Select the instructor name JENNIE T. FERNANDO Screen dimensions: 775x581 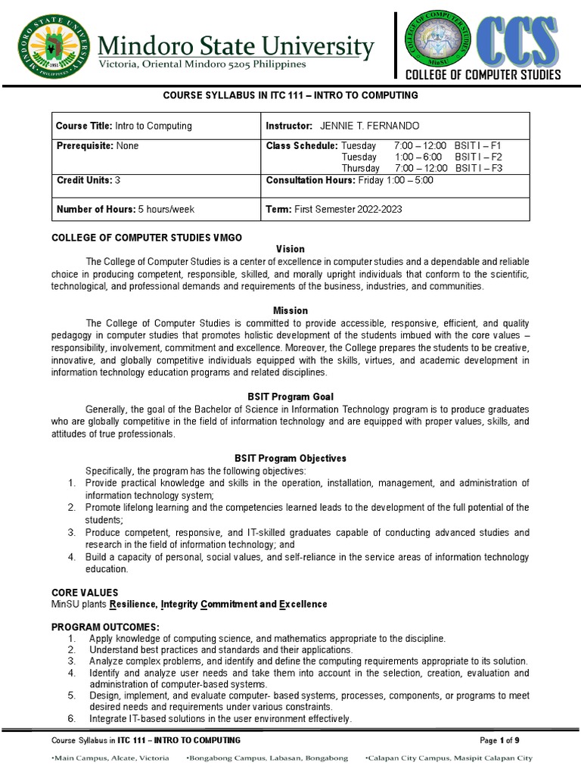(x=371, y=126)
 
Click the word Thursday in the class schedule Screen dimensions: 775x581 (x=360, y=168)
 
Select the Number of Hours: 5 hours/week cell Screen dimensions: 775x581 (x=126, y=209)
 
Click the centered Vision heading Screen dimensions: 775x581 (x=290, y=248)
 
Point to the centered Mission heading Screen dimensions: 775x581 (x=290, y=310)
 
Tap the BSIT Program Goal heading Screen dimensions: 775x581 (x=290, y=397)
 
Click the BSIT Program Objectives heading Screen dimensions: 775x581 (x=290, y=458)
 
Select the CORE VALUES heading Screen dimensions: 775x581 (x=84, y=593)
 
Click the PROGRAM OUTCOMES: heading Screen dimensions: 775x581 (x=105, y=627)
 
